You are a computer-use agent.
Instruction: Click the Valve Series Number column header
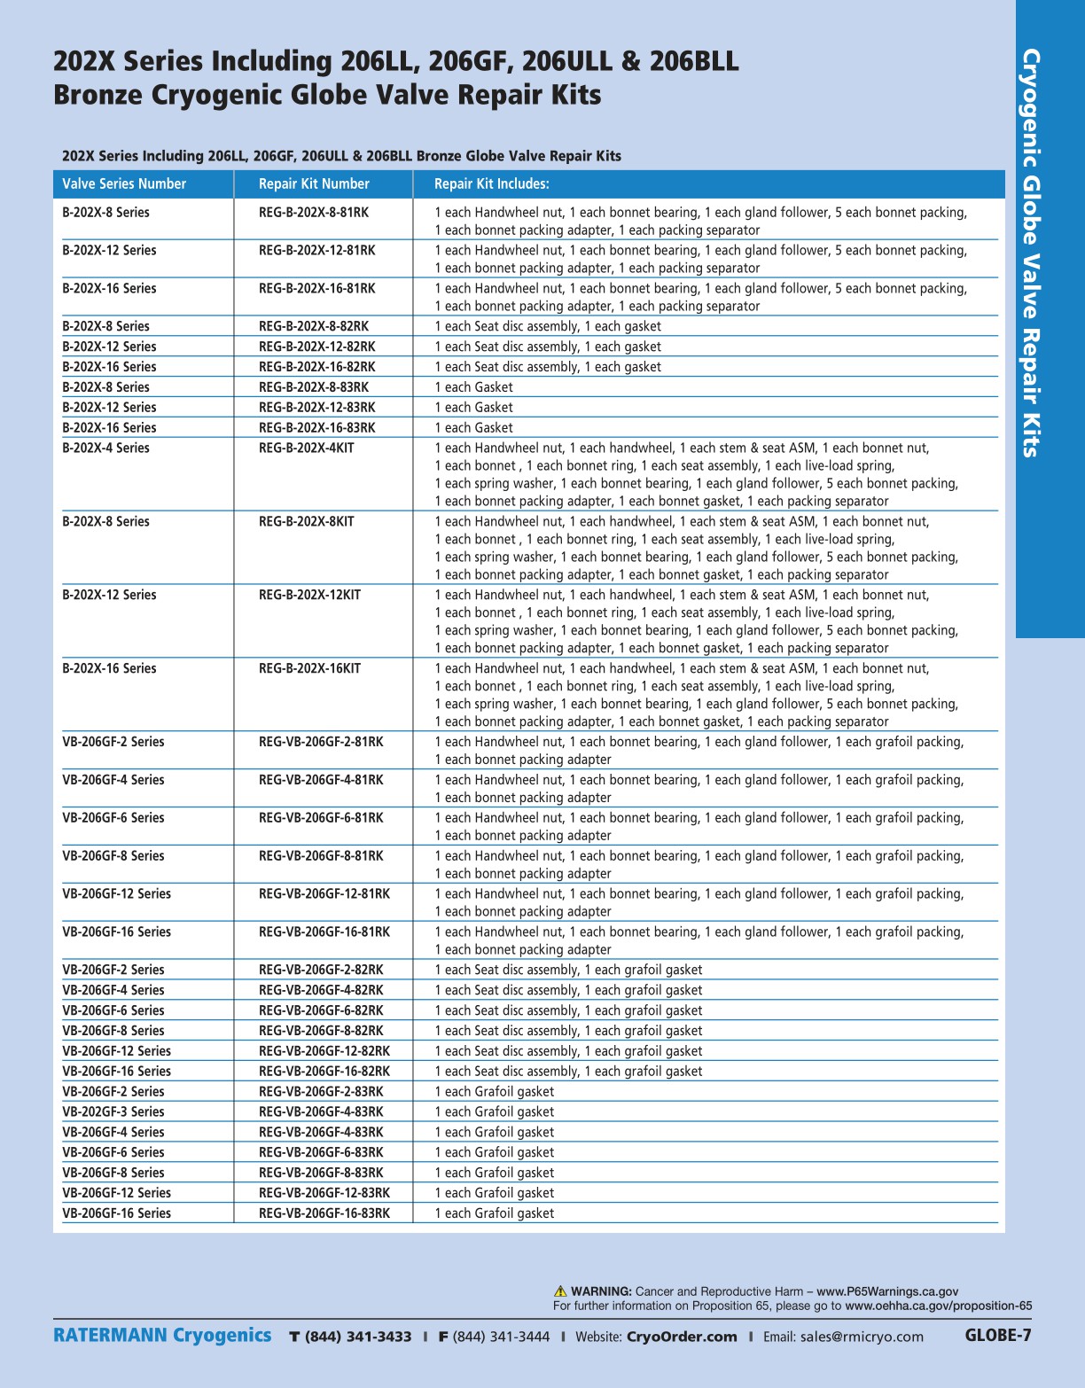(x=124, y=184)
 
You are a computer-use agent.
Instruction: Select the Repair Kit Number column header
(x=314, y=184)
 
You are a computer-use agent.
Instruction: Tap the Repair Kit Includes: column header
(x=491, y=184)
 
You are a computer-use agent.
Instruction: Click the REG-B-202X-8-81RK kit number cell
(x=314, y=213)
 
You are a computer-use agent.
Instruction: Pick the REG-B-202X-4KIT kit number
(x=306, y=448)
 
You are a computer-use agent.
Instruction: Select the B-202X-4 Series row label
(x=105, y=448)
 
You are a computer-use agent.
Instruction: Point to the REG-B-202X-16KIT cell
(x=309, y=669)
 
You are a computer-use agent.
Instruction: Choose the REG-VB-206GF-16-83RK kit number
(x=324, y=1213)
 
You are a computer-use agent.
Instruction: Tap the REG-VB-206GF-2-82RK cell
(x=321, y=971)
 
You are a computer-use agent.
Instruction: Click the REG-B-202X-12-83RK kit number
(x=316, y=408)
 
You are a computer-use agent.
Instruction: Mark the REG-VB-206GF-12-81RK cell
(x=324, y=894)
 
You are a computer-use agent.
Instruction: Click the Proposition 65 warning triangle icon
(x=560, y=1291)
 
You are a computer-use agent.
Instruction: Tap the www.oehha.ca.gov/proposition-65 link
(x=938, y=1306)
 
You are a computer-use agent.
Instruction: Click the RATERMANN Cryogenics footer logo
(x=162, y=1336)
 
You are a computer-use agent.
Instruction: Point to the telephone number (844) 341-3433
(x=358, y=1337)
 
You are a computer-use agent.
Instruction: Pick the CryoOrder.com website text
(x=681, y=1337)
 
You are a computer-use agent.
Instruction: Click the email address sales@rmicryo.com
(x=862, y=1337)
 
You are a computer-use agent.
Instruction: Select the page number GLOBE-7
(x=998, y=1336)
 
